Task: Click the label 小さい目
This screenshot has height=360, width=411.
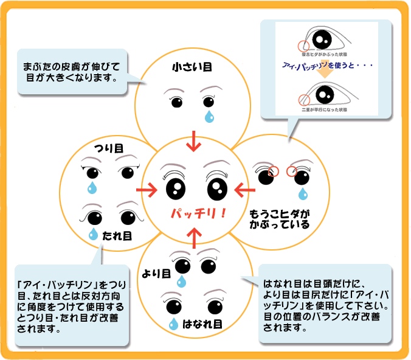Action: point(192,67)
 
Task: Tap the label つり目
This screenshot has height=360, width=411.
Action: point(109,148)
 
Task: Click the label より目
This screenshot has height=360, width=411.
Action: point(156,273)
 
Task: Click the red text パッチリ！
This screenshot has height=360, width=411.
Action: point(198,213)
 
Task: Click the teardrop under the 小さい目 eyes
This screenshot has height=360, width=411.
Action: point(209,115)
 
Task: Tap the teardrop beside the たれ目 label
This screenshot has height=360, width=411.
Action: point(94,234)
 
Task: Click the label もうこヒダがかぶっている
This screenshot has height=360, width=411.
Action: point(279,220)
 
